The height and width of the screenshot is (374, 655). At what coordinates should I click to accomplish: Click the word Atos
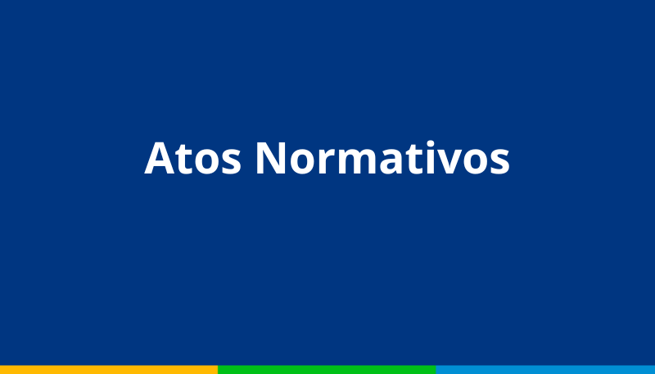(192, 158)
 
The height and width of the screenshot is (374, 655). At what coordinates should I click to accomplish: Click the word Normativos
(382, 157)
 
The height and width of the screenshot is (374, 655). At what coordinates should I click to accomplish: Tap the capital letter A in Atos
(160, 158)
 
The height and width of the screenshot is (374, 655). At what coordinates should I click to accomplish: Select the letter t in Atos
(183, 160)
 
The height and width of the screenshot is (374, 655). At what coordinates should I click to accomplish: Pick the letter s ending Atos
(231, 162)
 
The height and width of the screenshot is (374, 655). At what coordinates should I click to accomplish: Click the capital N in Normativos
(271, 158)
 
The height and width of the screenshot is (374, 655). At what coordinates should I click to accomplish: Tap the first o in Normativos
(302, 162)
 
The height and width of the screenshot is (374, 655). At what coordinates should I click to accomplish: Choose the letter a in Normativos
(391, 162)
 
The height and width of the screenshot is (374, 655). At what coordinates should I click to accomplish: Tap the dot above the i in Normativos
(429, 143)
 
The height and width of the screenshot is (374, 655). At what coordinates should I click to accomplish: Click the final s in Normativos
(499, 162)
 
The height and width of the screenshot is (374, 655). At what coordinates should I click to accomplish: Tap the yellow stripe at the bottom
(109, 370)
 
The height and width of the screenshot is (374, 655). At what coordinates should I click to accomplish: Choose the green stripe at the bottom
(327, 370)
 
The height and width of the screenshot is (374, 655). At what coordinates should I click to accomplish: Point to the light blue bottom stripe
(545, 370)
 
